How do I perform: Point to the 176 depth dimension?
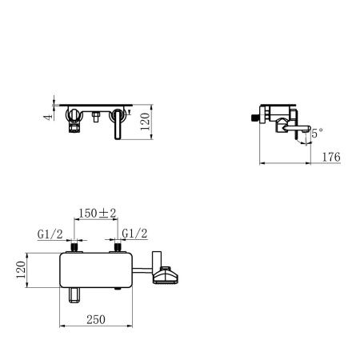pos(330,157)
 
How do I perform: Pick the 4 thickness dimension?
pos(48,115)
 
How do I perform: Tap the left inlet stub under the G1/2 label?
pos(73,249)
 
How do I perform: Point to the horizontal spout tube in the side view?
pos(298,127)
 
